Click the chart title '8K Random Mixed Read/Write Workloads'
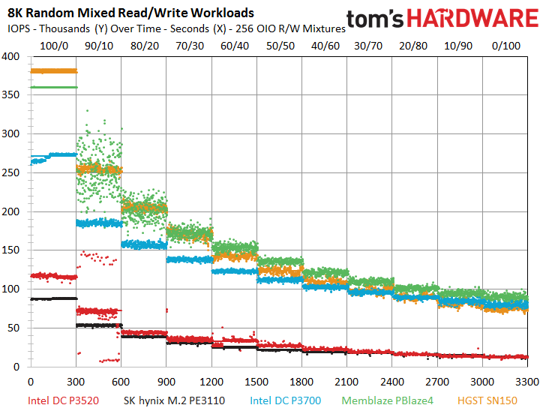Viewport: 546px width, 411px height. click(x=130, y=13)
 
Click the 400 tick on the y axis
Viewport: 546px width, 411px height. click(x=12, y=56)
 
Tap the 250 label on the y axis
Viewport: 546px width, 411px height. click(x=12, y=172)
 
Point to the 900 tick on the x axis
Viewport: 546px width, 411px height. click(x=166, y=380)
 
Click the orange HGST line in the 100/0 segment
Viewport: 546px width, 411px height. click(x=52, y=71)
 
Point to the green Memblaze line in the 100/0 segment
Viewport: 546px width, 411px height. click(x=52, y=88)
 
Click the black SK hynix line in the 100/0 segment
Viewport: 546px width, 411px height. click(x=52, y=298)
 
